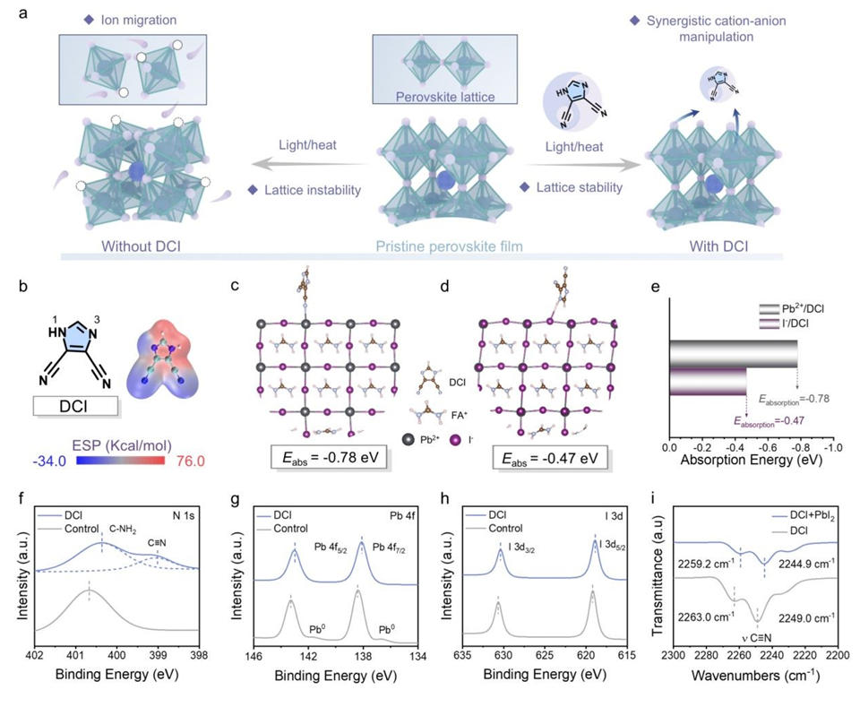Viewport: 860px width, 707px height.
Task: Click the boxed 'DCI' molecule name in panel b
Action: tap(75, 407)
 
